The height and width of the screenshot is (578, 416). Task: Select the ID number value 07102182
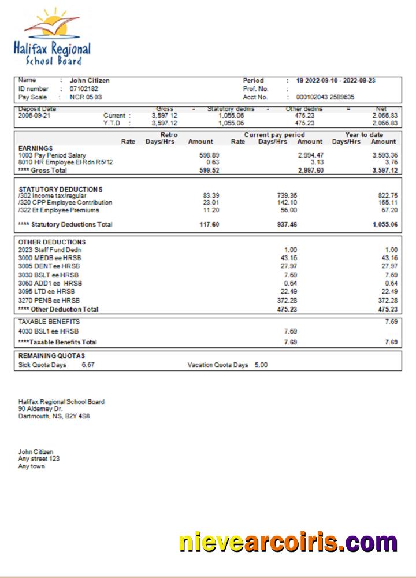pyautogui.click(x=84, y=89)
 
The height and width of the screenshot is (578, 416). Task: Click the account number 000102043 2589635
pyautogui.click(x=325, y=97)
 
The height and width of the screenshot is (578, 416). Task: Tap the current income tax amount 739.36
pyautogui.click(x=287, y=196)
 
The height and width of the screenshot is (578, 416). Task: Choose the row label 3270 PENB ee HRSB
pyautogui.click(x=49, y=301)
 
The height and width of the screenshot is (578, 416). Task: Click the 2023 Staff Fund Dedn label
pyautogui.click(x=50, y=250)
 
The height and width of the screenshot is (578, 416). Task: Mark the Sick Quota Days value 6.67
pyautogui.click(x=88, y=365)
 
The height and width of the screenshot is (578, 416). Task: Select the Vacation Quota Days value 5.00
pyautogui.click(x=261, y=365)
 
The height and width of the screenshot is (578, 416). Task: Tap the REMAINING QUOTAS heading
pyautogui.click(x=51, y=355)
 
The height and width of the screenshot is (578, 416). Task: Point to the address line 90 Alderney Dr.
pyautogui.click(x=40, y=409)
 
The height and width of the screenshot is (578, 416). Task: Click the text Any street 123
pyautogui.click(x=39, y=458)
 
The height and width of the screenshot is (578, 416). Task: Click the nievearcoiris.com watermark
pyautogui.click(x=288, y=543)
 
